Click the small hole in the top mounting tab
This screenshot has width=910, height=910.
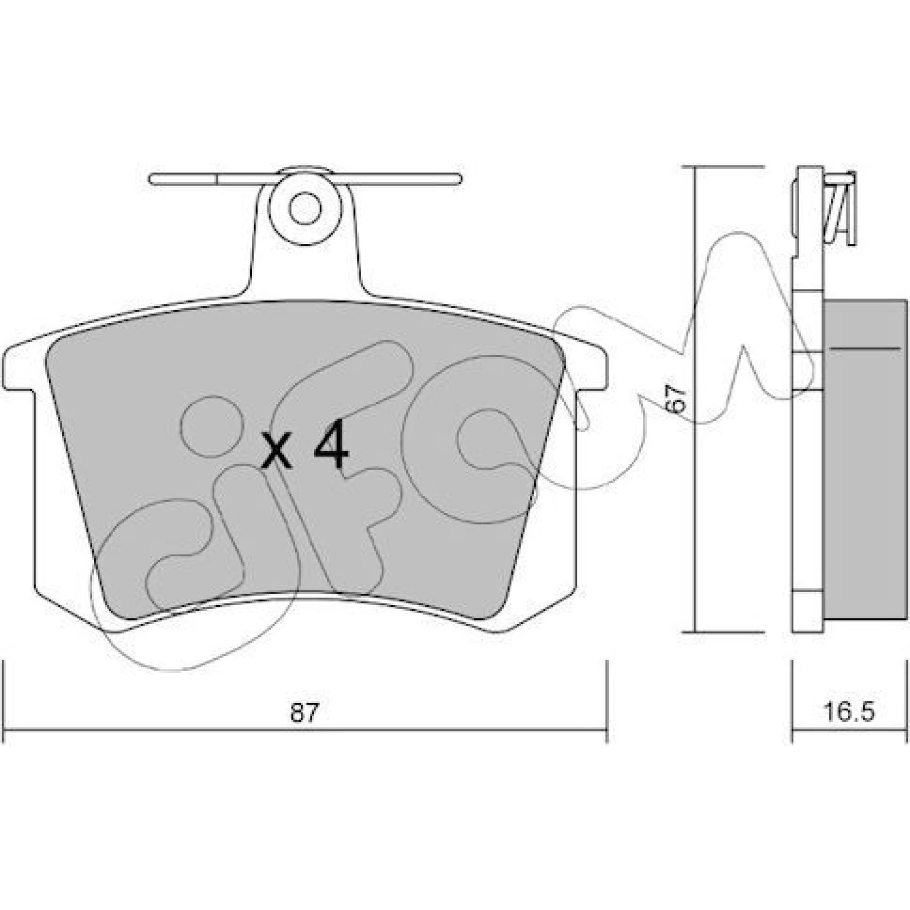tap(305, 209)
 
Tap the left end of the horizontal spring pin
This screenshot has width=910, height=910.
tap(150, 179)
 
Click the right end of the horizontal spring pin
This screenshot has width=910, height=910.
tap(459, 179)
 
